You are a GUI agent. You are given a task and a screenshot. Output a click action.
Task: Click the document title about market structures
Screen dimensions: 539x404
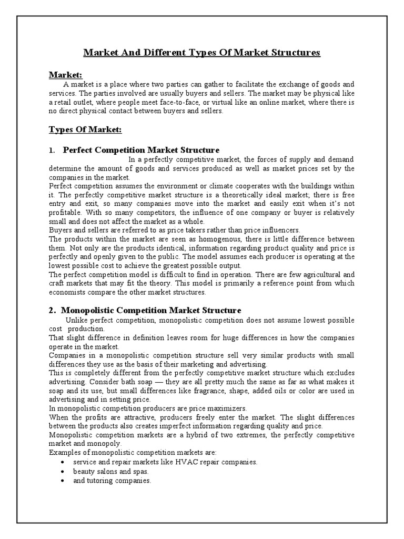(x=202, y=53)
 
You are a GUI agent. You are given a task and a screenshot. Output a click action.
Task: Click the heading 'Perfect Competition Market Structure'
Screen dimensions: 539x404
(x=141, y=150)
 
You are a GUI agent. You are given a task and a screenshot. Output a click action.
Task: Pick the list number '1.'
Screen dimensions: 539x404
(x=52, y=151)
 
